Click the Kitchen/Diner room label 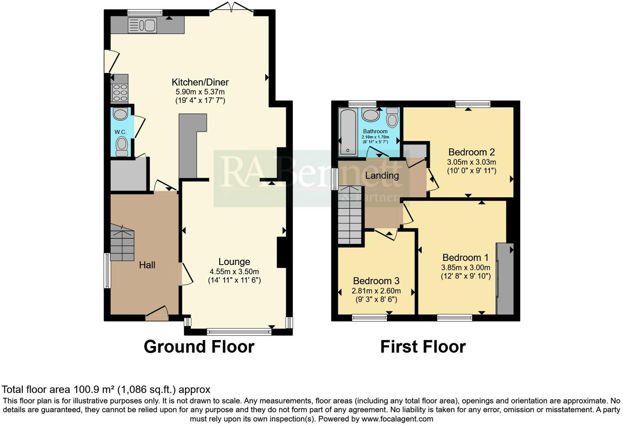point(200,82)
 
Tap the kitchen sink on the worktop point(142,25)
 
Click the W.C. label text point(120,132)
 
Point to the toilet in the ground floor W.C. point(121,145)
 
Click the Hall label point(147,265)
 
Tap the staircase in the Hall point(123,245)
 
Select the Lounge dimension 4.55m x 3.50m point(234,272)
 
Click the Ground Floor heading point(199,347)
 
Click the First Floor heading point(423,347)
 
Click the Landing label point(382,176)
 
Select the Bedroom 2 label point(471,152)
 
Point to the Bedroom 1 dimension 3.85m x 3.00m point(465,267)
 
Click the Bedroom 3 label point(376,281)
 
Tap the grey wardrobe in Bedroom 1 point(505,279)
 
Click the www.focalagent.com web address point(397,419)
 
